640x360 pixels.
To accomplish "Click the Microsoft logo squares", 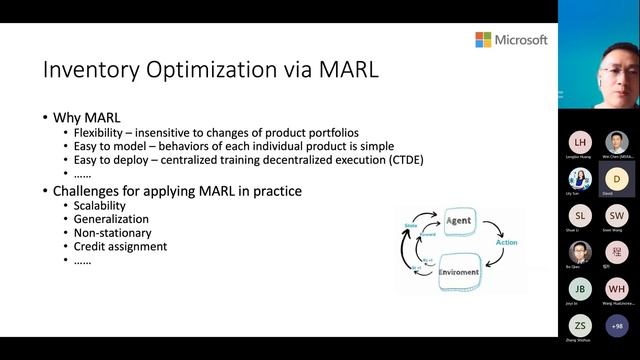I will click(483, 40).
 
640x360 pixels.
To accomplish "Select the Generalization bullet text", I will click(111, 219).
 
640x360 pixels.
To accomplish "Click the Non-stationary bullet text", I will click(113, 232).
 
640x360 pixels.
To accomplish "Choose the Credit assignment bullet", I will click(119, 246).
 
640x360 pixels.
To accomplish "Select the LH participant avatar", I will click(581, 143).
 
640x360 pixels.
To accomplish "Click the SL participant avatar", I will click(581, 215).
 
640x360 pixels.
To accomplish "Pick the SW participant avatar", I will click(617, 215).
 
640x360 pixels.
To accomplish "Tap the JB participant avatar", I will click(581, 288).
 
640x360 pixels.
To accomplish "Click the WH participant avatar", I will click(617, 288).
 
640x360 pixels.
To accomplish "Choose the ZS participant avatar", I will click(581, 326).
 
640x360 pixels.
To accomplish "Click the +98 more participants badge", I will click(617, 326).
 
